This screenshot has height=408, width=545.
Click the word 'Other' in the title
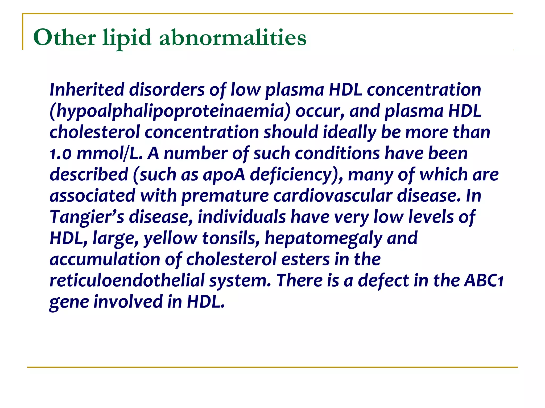(x=64, y=38)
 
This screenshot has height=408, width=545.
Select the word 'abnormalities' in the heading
(x=233, y=38)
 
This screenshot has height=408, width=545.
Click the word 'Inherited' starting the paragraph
(x=87, y=90)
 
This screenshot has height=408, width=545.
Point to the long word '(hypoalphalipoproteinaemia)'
(x=170, y=111)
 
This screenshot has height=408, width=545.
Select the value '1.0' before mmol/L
(x=61, y=154)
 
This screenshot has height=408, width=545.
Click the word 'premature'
(x=225, y=196)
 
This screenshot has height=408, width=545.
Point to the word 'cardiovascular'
(x=333, y=196)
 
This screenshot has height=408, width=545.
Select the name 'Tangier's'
(x=87, y=217)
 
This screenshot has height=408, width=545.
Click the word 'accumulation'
(x=105, y=259)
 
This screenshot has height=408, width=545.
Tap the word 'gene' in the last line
(x=69, y=302)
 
